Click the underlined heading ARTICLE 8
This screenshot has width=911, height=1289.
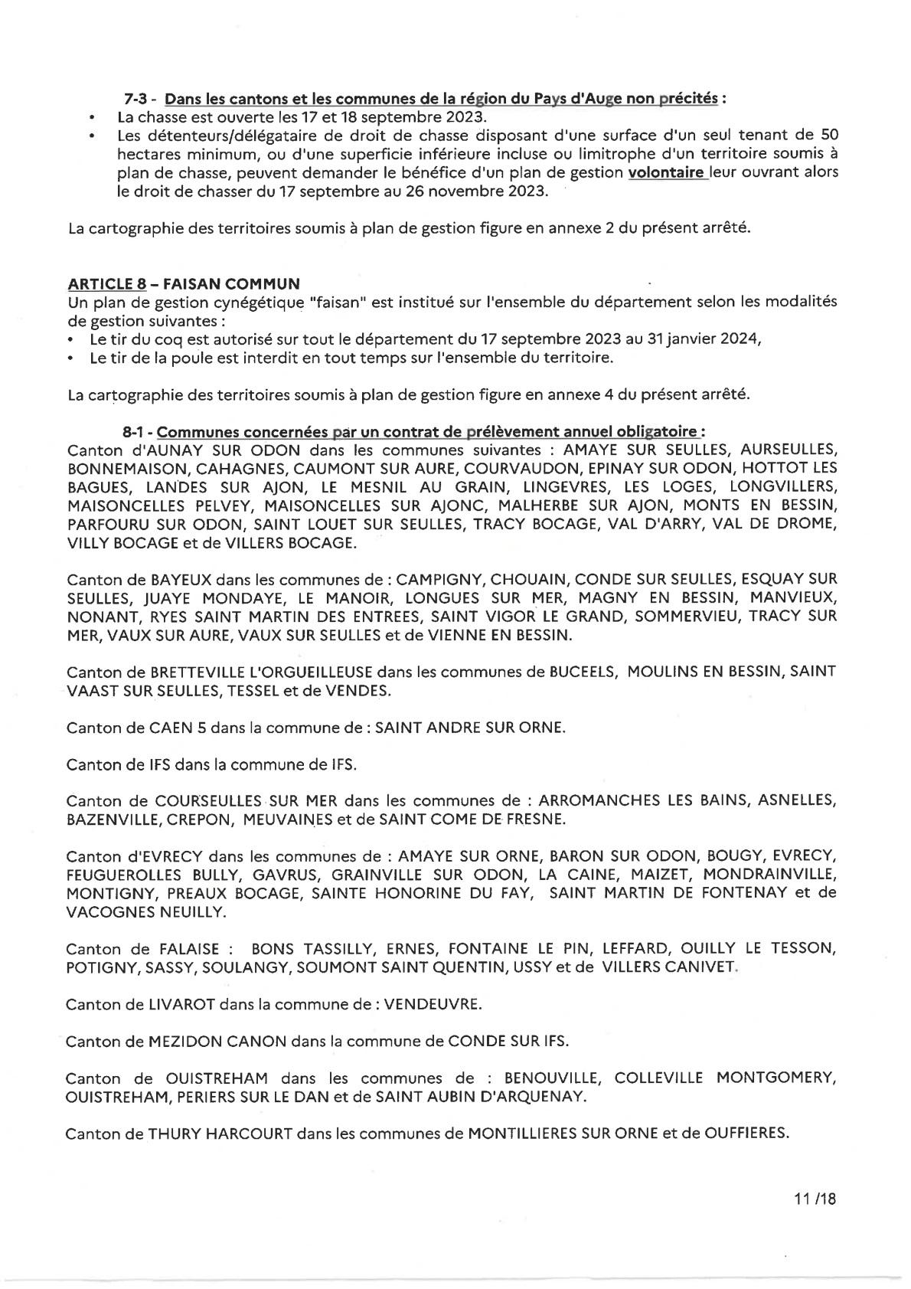[x=106, y=283]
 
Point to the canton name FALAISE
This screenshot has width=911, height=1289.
[x=188, y=948]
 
